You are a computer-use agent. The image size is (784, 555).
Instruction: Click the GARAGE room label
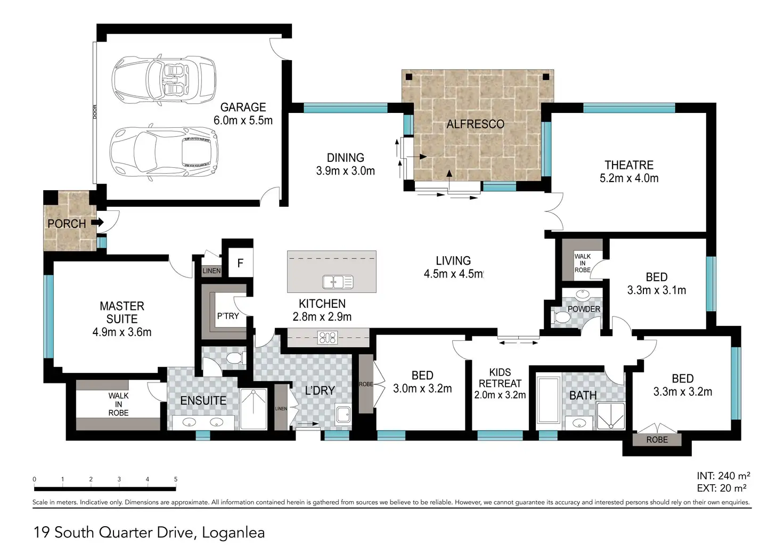(x=243, y=107)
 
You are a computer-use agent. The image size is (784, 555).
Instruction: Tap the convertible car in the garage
(x=164, y=80)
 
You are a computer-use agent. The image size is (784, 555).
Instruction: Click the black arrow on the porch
(x=97, y=222)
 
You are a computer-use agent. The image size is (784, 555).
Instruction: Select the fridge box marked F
(x=240, y=263)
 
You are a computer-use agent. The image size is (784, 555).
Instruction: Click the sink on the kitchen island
(x=338, y=282)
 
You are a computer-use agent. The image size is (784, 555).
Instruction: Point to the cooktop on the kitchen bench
(x=327, y=338)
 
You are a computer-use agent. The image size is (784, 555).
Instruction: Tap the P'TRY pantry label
(x=228, y=316)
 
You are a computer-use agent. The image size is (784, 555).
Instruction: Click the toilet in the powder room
(x=562, y=318)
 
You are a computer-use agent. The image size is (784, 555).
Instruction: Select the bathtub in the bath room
(x=549, y=400)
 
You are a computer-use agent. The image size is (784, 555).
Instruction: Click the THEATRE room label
(x=629, y=165)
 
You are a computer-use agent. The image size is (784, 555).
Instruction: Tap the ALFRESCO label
(x=475, y=124)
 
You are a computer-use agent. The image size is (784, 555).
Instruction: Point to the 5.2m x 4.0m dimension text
(x=629, y=178)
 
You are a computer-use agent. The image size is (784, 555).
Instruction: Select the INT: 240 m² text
(x=723, y=476)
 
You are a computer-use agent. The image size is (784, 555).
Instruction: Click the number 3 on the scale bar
(x=119, y=479)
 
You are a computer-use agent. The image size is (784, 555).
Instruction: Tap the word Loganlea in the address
(x=233, y=533)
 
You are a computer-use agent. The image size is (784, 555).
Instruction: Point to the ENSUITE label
(x=203, y=401)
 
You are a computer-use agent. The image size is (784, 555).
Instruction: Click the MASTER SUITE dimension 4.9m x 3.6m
(x=122, y=332)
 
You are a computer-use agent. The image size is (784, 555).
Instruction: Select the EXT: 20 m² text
(x=722, y=488)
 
